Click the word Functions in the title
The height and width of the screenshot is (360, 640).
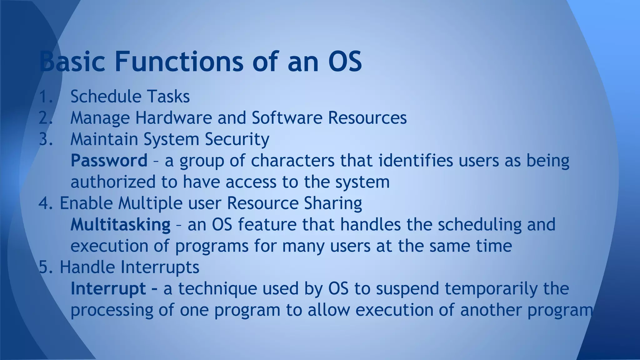(x=179, y=61)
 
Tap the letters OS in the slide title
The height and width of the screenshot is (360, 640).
(x=345, y=61)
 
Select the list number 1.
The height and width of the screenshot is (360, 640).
(x=45, y=96)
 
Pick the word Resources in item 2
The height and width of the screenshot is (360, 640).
(x=367, y=118)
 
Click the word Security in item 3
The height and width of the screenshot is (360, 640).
(x=237, y=139)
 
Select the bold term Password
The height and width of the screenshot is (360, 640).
(x=109, y=161)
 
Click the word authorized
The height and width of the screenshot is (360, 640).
(x=113, y=182)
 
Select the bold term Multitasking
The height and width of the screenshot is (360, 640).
(x=120, y=225)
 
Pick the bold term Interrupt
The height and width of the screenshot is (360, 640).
(x=108, y=288)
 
